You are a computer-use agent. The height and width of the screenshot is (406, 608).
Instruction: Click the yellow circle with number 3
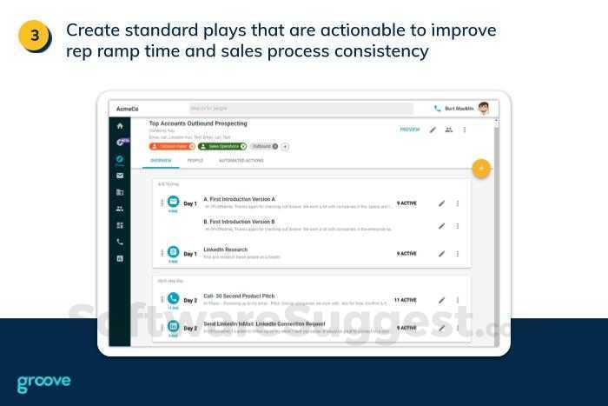(x=35, y=37)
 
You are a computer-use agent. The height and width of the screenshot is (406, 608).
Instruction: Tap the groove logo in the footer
(x=43, y=383)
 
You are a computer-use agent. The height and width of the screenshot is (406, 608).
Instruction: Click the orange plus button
(x=480, y=168)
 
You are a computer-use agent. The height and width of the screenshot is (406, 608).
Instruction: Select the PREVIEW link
(x=410, y=130)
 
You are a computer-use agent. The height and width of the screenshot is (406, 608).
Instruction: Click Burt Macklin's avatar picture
(x=484, y=109)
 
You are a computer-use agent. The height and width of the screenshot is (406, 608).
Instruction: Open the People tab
(x=195, y=161)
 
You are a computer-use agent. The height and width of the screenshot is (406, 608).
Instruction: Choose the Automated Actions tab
(x=241, y=161)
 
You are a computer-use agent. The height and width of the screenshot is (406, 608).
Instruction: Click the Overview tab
(x=162, y=161)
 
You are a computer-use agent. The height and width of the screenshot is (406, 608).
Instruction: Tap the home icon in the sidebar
(x=120, y=127)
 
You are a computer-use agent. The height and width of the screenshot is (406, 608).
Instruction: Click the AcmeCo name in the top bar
(x=127, y=109)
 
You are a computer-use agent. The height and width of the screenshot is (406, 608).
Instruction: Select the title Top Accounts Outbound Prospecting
(x=198, y=124)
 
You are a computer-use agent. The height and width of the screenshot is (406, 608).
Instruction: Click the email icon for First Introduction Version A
(x=173, y=202)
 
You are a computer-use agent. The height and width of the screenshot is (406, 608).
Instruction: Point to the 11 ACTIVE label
(x=405, y=300)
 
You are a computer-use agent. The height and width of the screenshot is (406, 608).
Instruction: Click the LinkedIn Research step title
(x=225, y=250)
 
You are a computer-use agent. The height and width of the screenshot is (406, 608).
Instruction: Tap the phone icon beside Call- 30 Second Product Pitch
(x=173, y=299)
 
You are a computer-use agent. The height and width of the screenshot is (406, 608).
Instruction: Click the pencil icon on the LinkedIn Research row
(x=441, y=254)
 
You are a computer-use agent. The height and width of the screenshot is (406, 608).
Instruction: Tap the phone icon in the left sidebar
(x=120, y=242)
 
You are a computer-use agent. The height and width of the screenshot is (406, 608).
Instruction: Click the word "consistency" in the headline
(x=380, y=51)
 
